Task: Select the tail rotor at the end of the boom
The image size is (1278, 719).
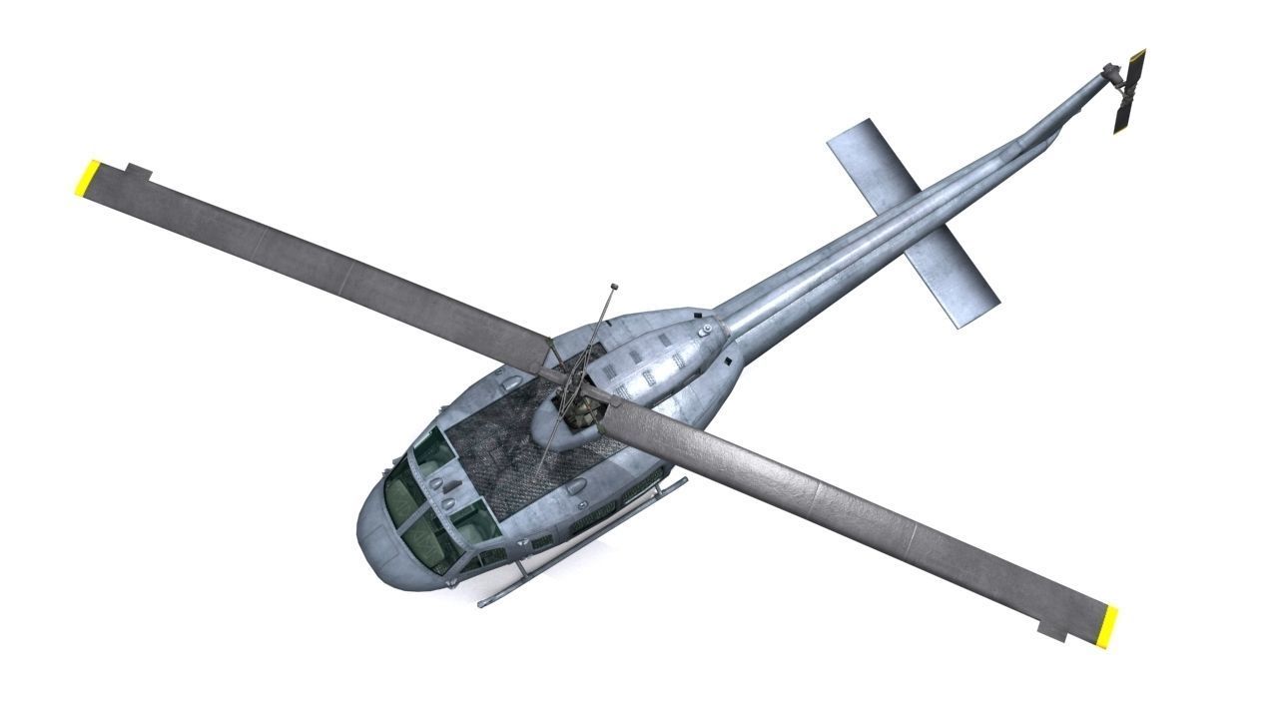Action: pos(1130,92)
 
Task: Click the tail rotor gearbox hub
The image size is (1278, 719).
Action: pos(1110,73)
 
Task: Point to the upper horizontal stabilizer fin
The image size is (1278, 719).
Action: pos(872,163)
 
